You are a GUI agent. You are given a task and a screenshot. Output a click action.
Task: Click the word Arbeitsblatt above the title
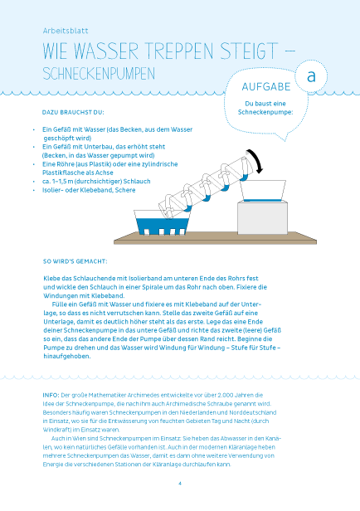(x=66, y=31)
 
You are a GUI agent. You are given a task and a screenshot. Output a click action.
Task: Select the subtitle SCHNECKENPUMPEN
(x=99, y=74)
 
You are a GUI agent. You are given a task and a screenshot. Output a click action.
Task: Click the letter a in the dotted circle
(x=311, y=76)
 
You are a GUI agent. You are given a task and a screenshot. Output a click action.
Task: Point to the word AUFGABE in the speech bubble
(x=266, y=86)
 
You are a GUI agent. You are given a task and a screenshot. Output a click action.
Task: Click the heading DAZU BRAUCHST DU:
(x=73, y=113)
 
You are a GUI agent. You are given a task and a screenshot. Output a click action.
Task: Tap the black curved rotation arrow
(x=255, y=161)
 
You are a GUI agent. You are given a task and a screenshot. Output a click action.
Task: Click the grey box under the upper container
(x=263, y=217)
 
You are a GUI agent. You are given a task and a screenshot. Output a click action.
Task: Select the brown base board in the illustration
(x=215, y=239)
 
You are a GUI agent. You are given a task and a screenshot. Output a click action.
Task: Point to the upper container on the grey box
(x=263, y=191)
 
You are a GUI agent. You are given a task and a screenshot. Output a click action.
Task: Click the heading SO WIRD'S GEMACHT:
(x=75, y=261)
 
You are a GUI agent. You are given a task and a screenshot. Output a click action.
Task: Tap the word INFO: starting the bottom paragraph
(x=51, y=396)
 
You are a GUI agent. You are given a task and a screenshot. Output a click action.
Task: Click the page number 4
(x=180, y=484)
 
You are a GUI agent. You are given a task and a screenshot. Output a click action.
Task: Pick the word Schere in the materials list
(x=125, y=190)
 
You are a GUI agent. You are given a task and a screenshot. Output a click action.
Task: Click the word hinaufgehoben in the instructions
(x=67, y=356)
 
